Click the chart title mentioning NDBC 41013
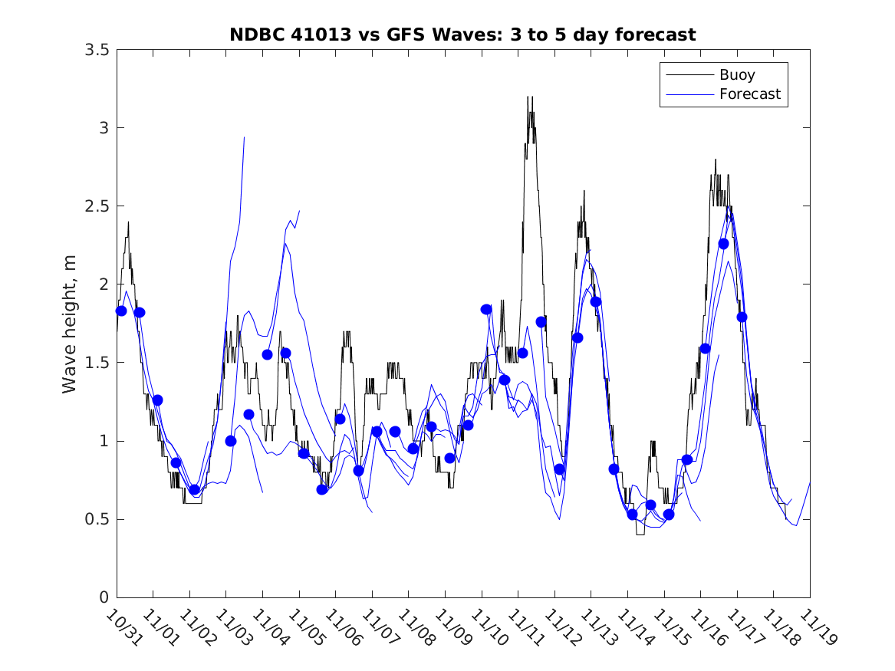(462, 35)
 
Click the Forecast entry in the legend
(749, 94)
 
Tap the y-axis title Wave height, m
(70, 324)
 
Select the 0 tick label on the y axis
(103, 598)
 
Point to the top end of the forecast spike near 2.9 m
(244, 137)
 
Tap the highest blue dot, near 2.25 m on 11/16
(723, 244)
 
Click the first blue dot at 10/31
(121, 311)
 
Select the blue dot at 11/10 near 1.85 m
(486, 309)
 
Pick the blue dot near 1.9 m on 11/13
(595, 301)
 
